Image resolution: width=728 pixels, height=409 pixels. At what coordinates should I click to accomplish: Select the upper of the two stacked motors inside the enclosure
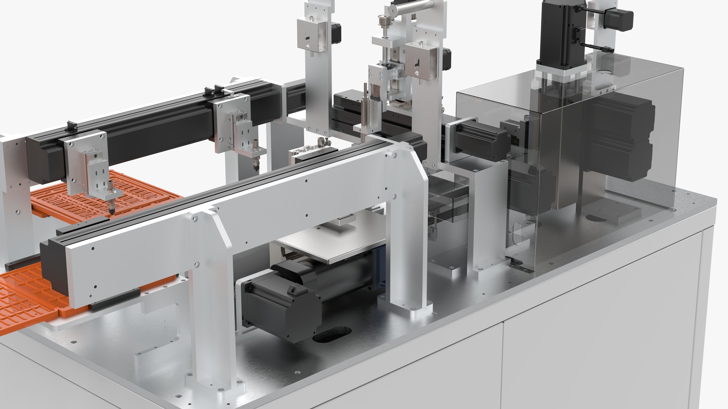coord(622,119)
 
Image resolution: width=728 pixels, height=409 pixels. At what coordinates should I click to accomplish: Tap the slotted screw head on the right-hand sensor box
coord(417,73)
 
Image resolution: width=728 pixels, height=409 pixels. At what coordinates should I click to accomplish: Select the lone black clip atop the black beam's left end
coord(72,126)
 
